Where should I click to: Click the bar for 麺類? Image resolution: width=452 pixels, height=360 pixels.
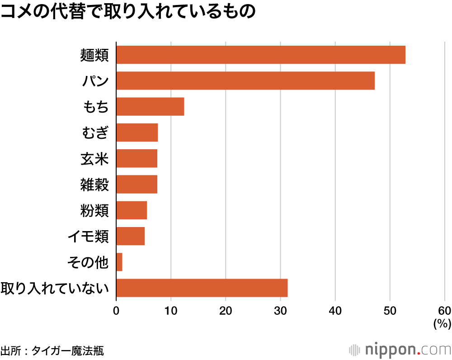(x=261, y=55)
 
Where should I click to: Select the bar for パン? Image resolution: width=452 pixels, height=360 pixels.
(x=245, y=81)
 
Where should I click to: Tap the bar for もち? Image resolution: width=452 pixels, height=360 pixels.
(x=150, y=107)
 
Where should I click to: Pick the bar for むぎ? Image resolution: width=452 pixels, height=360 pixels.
(x=137, y=133)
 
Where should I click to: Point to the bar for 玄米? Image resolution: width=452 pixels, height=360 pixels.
(x=137, y=158)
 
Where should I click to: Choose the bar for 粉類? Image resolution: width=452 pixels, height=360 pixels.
(x=132, y=210)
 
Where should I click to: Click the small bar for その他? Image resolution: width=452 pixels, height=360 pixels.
(x=119, y=262)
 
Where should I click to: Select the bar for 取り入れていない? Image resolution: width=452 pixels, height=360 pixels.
(x=202, y=288)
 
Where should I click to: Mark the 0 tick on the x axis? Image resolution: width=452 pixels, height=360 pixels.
(x=116, y=311)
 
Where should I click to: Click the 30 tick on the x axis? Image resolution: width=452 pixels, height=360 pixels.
(x=280, y=311)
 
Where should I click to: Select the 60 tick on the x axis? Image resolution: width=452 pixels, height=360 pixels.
(x=444, y=311)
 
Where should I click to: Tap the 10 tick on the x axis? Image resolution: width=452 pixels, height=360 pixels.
(x=171, y=311)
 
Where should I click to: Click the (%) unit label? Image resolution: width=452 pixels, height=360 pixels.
(x=442, y=324)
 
